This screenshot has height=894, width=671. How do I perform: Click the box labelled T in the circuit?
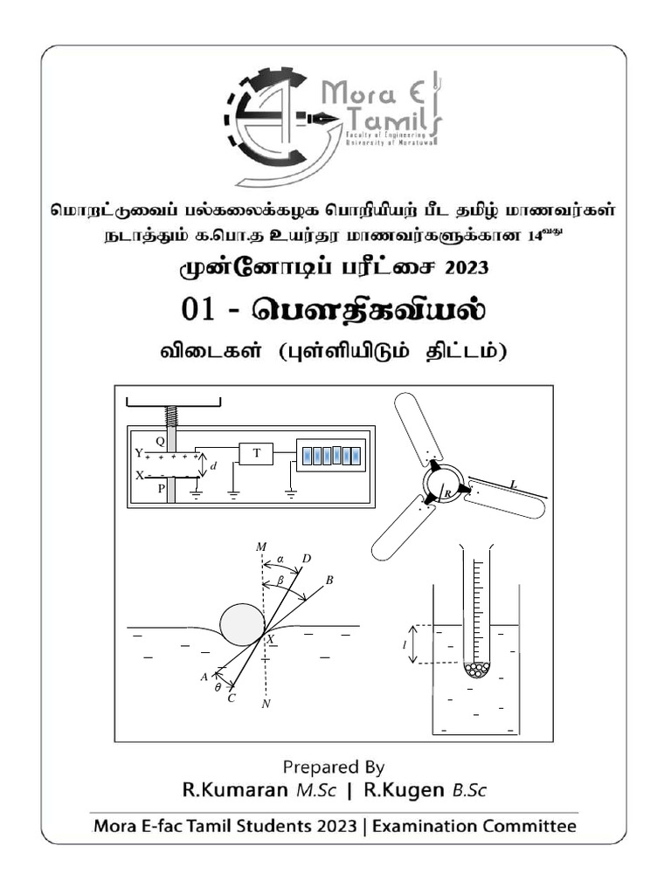[x=256, y=453]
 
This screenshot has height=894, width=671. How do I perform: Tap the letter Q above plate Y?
[x=160, y=441]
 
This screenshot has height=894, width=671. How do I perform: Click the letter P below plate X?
[x=161, y=489]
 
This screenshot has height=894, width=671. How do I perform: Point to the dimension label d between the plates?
[x=214, y=466]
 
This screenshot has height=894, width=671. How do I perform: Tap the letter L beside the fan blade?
[x=512, y=483]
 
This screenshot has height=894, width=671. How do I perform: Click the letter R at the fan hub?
[x=446, y=494]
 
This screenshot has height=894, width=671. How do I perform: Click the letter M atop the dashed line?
[x=260, y=547]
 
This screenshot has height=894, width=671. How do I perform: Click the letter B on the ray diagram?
[x=329, y=580]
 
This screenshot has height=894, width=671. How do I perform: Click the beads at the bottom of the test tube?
[x=477, y=670]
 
